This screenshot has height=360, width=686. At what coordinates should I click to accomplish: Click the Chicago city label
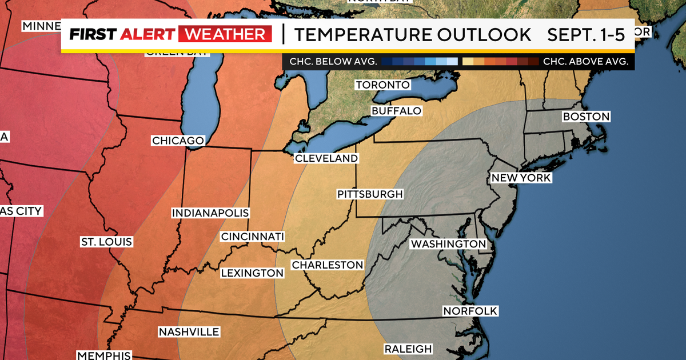click(x=178, y=141)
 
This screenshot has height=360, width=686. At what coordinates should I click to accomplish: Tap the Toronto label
click(x=382, y=85)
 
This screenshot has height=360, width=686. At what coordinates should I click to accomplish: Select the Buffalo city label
click(x=396, y=110)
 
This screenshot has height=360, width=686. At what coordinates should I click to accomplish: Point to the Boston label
click(x=586, y=117)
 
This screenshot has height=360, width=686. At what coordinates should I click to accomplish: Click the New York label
click(x=521, y=178)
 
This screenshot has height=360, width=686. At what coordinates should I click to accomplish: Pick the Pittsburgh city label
click(x=370, y=194)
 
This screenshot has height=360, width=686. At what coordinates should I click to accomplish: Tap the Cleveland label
click(x=326, y=158)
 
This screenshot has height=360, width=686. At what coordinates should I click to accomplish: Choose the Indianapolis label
click(x=210, y=213)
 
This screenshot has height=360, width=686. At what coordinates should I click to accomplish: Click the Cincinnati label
click(x=253, y=237)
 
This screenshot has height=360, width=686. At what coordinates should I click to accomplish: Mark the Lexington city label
click(x=252, y=273)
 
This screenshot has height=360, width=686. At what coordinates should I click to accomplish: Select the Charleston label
click(x=327, y=265)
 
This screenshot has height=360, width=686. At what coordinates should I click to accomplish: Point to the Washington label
click(x=448, y=244)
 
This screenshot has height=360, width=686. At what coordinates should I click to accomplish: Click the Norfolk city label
click(x=470, y=311)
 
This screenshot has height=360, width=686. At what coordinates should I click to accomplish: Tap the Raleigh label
click(x=408, y=349)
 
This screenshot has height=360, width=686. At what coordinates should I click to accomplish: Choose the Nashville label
click(x=189, y=332)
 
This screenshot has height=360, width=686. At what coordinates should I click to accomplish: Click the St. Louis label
click(x=106, y=242)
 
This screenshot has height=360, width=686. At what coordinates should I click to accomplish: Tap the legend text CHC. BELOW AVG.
click(x=331, y=61)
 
